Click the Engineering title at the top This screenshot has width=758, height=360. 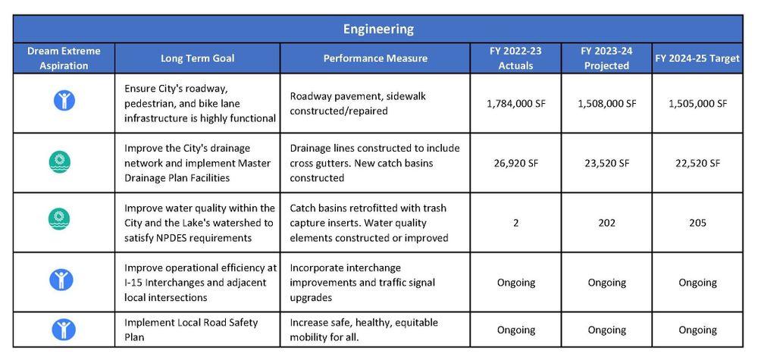(x=378, y=29)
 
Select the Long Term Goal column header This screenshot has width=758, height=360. (x=197, y=58)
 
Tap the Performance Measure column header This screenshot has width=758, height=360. (x=375, y=58)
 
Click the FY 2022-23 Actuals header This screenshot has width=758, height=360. (x=515, y=58)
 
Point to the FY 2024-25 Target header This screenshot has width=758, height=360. (x=697, y=58)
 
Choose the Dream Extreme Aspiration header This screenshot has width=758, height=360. (x=64, y=58)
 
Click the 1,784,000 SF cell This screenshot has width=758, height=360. (x=515, y=103)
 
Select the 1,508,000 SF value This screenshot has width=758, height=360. (x=606, y=103)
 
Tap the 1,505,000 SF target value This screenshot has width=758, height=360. (x=697, y=103)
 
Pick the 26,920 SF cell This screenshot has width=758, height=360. (x=515, y=163)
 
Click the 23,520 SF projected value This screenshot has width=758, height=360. (x=606, y=163)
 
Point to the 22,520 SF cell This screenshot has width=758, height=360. (x=697, y=163)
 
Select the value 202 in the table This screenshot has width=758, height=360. (x=606, y=223)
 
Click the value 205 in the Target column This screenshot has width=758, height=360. (x=697, y=223)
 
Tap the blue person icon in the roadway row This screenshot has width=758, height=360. (x=64, y=100)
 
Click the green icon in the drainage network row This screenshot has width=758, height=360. (x=60, y=161)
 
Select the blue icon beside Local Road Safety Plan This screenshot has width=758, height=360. (x=64, y=330)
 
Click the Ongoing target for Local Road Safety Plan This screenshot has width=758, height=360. (x=697, y=330)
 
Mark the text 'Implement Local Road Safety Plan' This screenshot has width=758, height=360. (x=191, y=330)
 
